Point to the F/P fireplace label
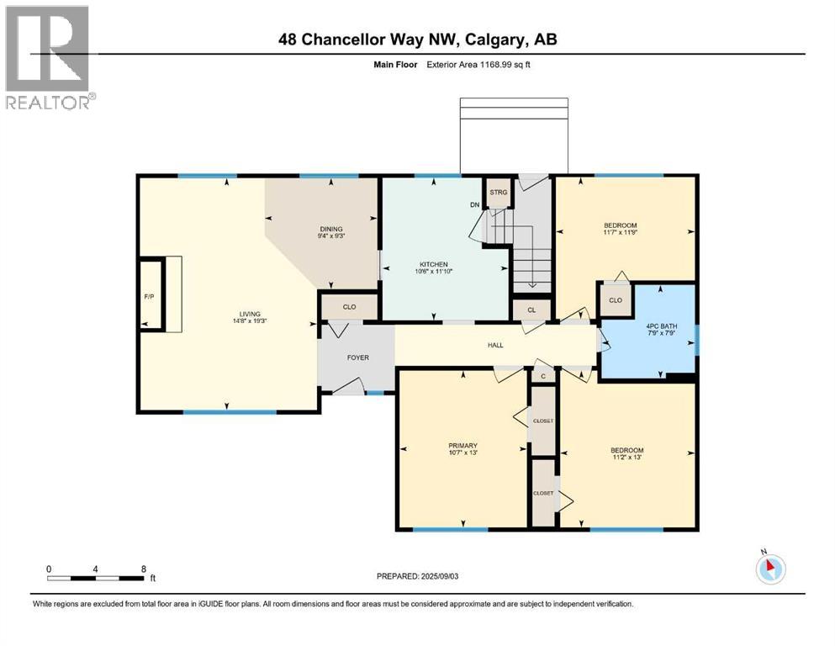click(x=148, y=296)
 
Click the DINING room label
click(x=330, y=229)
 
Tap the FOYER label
click(x=358, y=357)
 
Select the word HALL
click(x=497, y=345)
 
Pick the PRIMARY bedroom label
click(x=462, y=446)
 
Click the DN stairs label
click(x=474, y=204)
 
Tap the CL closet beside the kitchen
click(x=531, y=310)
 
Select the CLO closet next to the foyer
click(x=349, y=307)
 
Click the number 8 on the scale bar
click(x=144, y=569)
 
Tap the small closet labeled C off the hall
click(x=543, y=376)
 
